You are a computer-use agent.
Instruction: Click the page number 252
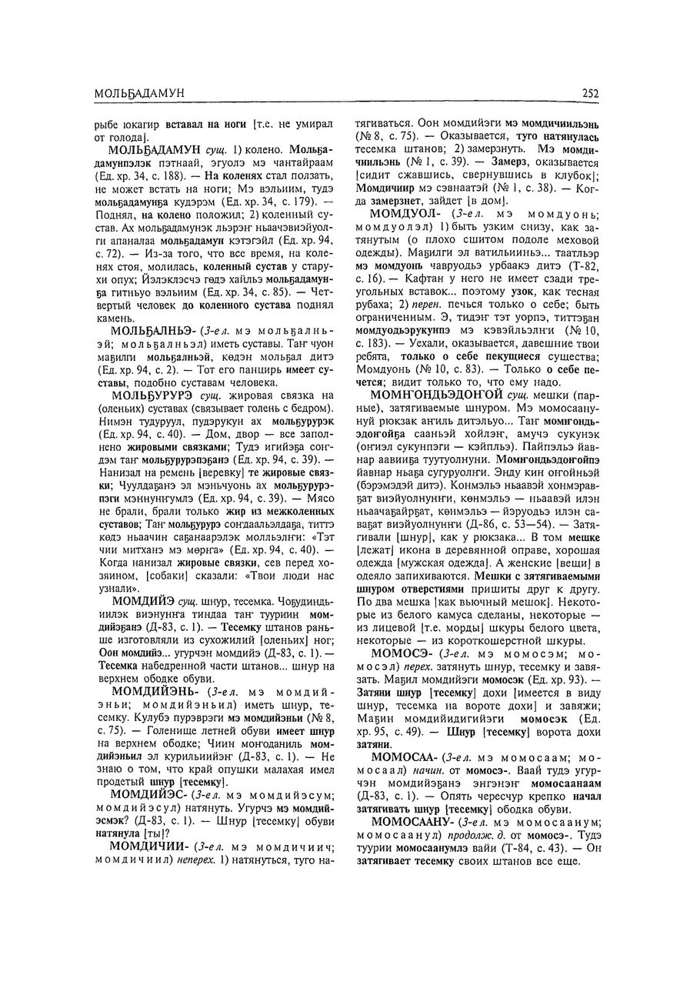pyautogui.click(x=590, y=93)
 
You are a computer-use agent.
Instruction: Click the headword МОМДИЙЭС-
pyautogui.click(x=151, y=793)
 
